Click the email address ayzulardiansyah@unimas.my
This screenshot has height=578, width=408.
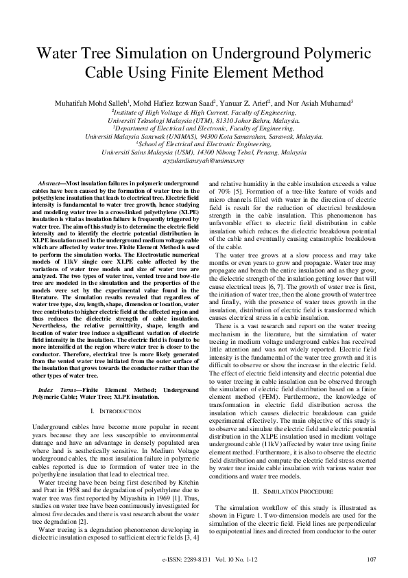click(204, 161)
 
